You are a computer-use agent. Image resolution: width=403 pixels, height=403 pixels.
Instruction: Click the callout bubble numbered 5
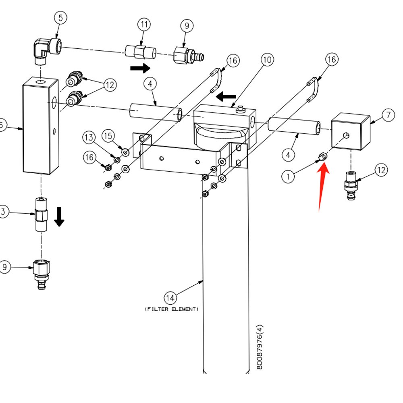[60, 18]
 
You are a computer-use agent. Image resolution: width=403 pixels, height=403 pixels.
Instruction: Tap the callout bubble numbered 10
[267, 60]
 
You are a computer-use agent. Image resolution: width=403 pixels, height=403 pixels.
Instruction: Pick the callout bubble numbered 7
[388, 115]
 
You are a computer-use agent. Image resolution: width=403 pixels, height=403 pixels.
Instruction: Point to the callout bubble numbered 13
[89, 138]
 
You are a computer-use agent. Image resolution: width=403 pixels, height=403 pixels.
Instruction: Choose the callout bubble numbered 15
[108, 136]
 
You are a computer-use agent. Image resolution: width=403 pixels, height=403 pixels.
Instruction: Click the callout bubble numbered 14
[170, 298]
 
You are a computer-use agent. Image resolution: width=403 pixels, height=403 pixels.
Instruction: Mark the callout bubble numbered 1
[288, 176]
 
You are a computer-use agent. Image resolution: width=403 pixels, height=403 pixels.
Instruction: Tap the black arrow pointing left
[226, 97]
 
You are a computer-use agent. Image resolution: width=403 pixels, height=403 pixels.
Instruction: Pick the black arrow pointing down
[60, 216]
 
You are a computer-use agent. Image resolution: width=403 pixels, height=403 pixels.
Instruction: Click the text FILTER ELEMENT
[172, 309]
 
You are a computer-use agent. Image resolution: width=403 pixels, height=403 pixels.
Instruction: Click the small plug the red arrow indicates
[322, 156]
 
